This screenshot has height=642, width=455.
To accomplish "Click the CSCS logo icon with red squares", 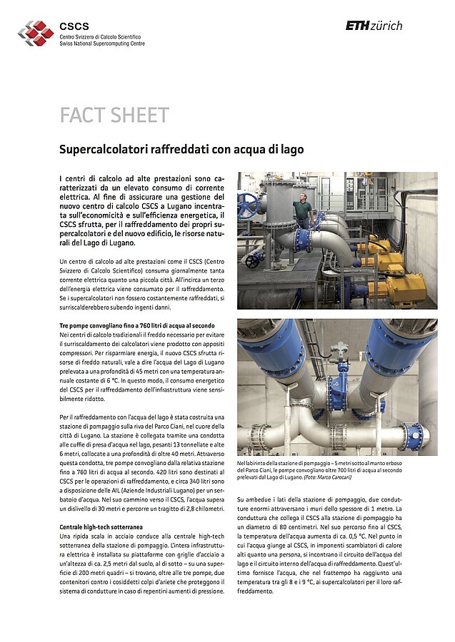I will (36, 31).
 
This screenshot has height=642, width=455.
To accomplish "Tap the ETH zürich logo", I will (374, 26).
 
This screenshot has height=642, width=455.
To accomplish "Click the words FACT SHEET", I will (114, 115).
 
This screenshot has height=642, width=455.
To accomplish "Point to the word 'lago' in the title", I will (291, 150).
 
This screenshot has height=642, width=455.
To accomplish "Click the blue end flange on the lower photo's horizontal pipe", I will (412, 436).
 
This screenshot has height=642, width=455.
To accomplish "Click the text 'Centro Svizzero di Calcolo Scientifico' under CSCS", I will (100, 36).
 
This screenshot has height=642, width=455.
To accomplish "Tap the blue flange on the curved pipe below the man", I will (302, 239).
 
